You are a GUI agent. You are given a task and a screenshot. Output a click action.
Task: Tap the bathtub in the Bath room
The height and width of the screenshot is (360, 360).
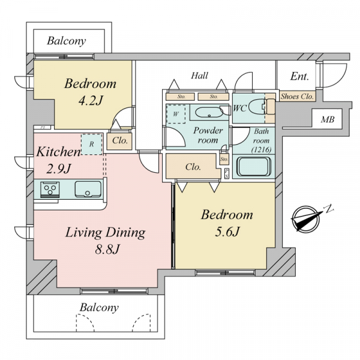coord(254,166)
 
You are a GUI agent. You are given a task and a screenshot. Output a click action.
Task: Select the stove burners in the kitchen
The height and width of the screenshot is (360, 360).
coord(50,190)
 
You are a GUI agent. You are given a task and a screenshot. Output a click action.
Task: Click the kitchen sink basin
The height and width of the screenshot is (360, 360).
coord(88,189)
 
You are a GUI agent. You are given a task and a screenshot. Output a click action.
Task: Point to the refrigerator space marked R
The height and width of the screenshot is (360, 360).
coord(92,145)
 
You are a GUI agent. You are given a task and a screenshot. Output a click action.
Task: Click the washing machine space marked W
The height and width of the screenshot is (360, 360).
coord(176,114)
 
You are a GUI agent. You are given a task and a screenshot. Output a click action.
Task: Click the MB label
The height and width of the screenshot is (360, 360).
coord(328,119)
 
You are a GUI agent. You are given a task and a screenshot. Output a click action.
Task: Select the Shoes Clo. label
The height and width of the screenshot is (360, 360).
coord(297,97)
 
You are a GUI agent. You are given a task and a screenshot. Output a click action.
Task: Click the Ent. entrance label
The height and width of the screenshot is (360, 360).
coord(299,76)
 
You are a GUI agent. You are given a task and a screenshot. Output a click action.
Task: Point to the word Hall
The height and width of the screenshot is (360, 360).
coord(200,76)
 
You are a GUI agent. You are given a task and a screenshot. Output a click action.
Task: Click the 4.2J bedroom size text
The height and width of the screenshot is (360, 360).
coord(90,100)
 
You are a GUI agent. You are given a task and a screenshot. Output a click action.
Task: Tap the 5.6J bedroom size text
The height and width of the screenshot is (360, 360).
coord(227,232)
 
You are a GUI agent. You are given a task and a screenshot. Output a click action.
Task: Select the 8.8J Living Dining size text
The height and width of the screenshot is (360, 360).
coord(107,249)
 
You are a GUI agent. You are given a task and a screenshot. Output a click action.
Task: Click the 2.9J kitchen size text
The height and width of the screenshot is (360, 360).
coord(58,169)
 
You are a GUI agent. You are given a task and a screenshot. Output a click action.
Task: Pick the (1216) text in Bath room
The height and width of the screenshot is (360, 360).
coord(261,149)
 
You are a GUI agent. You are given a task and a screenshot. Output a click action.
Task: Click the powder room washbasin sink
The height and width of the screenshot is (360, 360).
coord(209,113)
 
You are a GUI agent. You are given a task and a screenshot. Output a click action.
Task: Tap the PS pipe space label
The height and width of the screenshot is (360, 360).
coord(227,173)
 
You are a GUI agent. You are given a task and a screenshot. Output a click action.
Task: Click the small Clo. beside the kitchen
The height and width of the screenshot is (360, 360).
coord(120,140)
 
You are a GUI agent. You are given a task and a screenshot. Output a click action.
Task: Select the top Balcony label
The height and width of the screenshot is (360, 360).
coord(67,41)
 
